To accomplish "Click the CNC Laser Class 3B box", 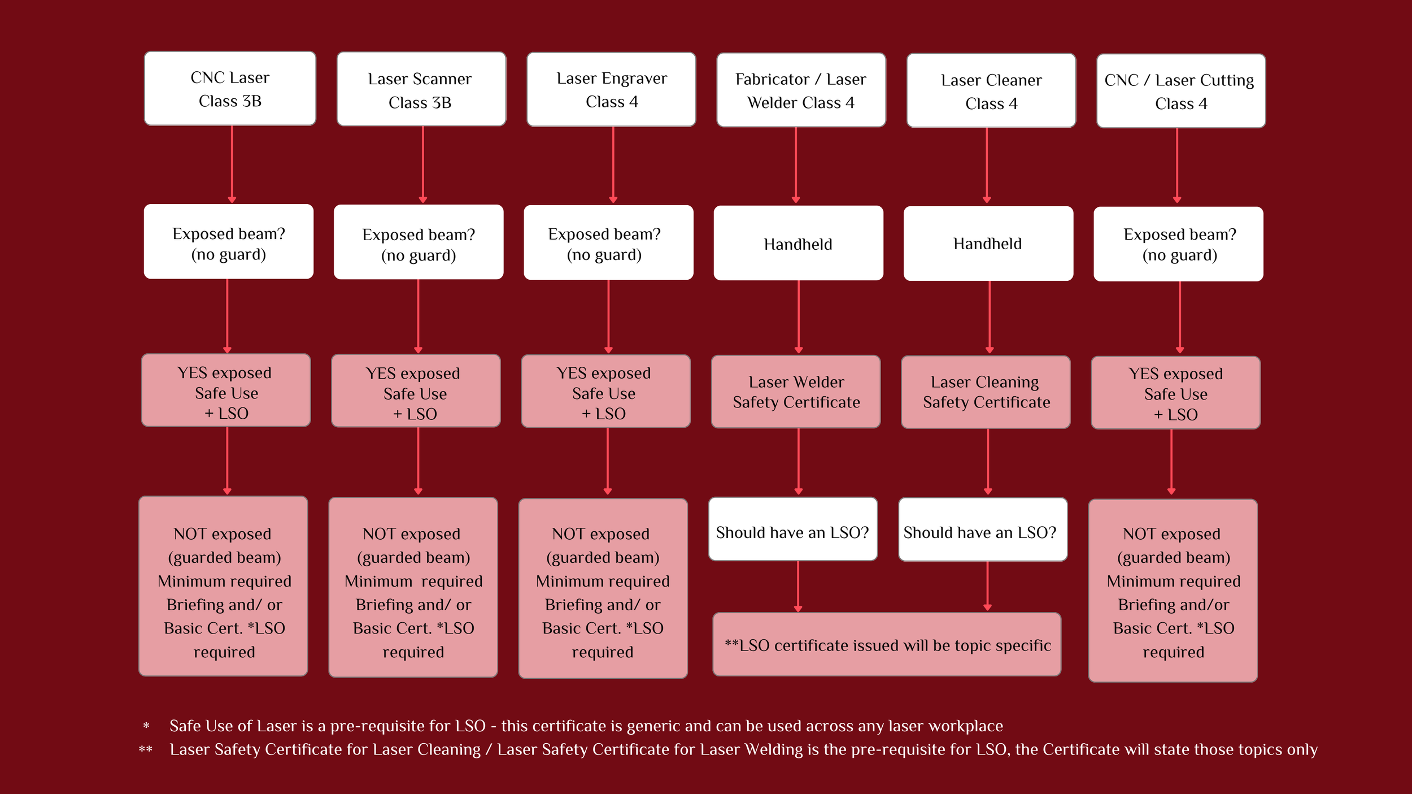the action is (x=230, y=89).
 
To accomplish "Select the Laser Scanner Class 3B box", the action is (x=421, y=89).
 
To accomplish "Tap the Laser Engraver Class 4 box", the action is (x=611, y=89).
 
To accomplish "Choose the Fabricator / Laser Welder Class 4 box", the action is (x=801, y=90).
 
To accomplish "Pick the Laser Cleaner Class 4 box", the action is (x=991, y=90).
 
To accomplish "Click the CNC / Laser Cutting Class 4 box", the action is (x=1181, y=91).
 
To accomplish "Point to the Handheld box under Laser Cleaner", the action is (x=988, y=244).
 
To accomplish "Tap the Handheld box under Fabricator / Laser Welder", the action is (x=799, y=243).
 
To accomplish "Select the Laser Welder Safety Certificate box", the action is (x=796, y=392).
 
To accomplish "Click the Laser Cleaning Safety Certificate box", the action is (x=986, y=392).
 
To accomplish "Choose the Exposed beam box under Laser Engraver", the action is (x=608, y=242).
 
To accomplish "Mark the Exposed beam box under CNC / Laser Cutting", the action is (x=1178, y=244).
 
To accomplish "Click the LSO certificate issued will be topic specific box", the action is (x=887, y=644).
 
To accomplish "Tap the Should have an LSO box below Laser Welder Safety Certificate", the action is (x=793, y=530).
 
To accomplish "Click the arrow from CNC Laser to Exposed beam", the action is (x=232, y=164).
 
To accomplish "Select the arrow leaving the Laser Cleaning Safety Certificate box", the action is (x=988, y=462).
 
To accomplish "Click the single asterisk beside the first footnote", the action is (x=146, y=726).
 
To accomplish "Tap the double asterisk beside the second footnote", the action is (x=146, y=749).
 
